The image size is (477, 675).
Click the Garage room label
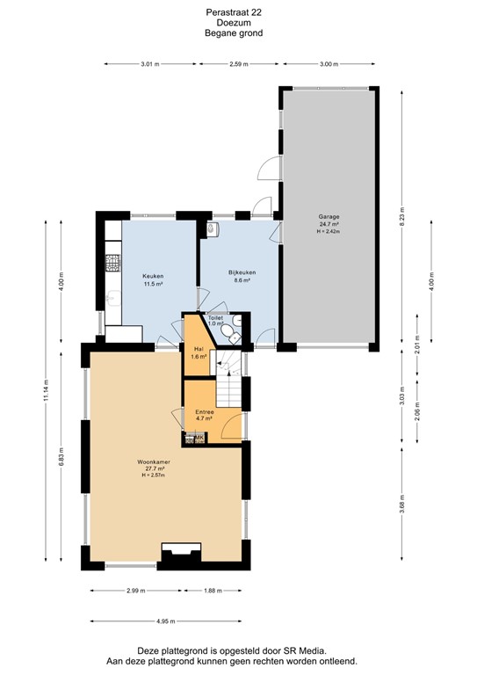(x=329, y=216)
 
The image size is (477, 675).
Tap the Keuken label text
(x=154, y=276)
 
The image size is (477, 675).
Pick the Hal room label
(x=198, y=349)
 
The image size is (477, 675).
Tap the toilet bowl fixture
(x=229, y=331)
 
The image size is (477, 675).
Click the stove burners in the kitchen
(x=112, y=261)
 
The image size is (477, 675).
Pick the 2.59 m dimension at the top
(x=238, y=64)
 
